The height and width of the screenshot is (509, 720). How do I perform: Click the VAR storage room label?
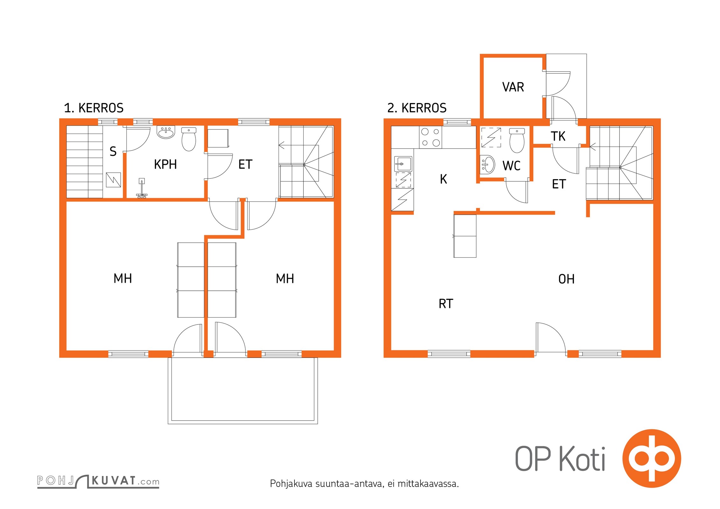tap(513, 87)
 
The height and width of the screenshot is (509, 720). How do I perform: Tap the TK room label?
tap(558, 136)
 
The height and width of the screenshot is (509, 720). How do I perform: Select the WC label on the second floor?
tap(512, 165)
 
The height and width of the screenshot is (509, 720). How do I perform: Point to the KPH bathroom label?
tap(165, 164)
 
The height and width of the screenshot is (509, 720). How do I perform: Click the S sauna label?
tap(113, 151)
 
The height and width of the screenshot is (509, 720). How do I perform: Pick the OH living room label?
tap(566, 279)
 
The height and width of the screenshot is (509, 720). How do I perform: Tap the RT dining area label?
tap(446, 303)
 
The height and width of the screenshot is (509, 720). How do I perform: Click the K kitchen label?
tap(443, 179)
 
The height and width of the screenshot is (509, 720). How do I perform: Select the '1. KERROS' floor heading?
tap(94, 108)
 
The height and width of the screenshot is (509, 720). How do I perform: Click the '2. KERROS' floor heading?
tap(417, 108)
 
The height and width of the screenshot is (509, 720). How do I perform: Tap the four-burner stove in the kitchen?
tap(431, 137)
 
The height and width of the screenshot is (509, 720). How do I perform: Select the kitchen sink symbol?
tap(403, 164)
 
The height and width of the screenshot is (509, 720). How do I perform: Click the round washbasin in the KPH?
tap(166, 132)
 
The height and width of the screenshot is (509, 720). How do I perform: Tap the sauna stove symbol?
tap(113, 180)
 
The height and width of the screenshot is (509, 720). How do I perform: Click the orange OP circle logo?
tap(652, 458)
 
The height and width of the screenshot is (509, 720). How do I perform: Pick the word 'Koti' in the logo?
tap(582, 459)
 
